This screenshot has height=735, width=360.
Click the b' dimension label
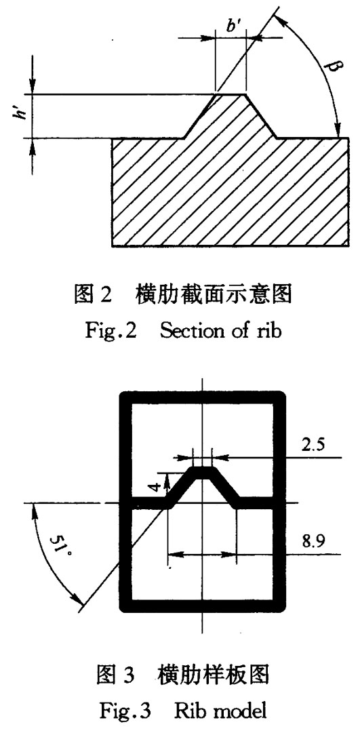point(233,26)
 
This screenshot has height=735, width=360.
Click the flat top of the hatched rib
point(230,94)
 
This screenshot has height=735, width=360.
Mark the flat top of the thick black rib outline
point(203,473)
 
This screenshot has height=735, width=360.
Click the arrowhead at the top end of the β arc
point(276,17)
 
